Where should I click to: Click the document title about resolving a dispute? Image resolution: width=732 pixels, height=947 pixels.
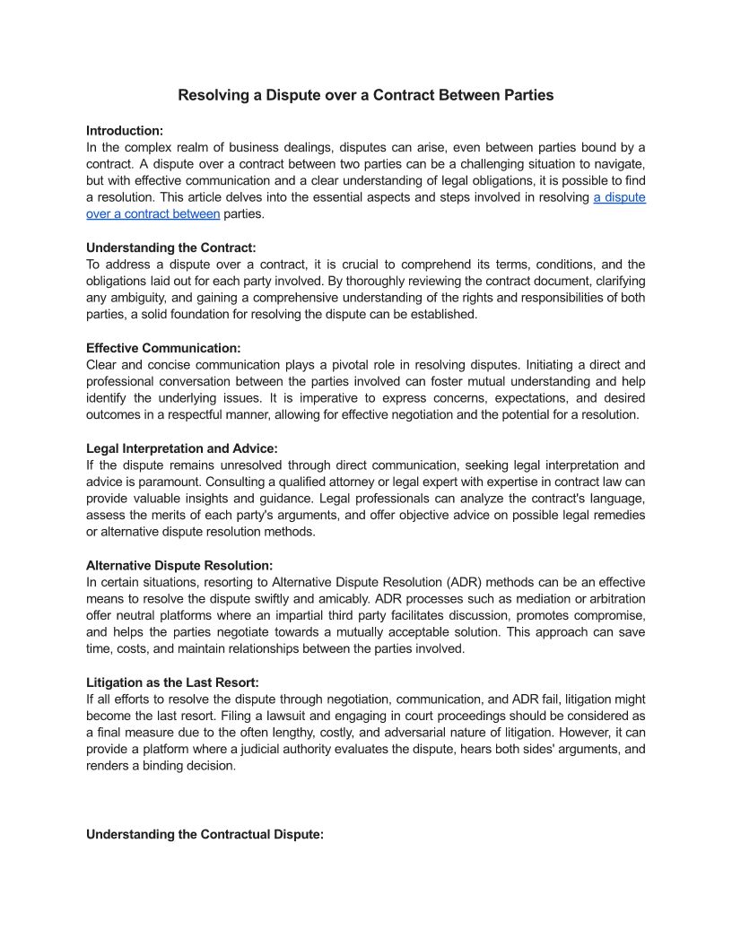click(365, 95)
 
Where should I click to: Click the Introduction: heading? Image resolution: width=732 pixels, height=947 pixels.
click(125, 130)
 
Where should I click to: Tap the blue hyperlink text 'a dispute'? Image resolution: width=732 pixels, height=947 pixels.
click(619, 197)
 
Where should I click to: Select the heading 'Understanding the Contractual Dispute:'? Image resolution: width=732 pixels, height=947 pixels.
click(205, 834)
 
